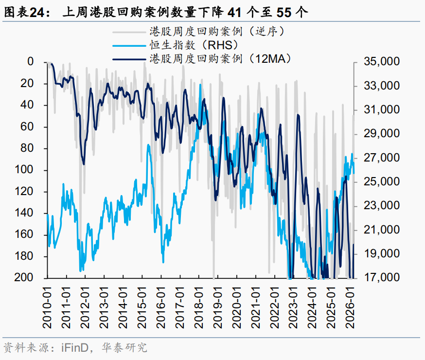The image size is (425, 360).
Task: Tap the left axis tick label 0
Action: tap(31, 62)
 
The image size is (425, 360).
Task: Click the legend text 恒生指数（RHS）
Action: tap(194, 46)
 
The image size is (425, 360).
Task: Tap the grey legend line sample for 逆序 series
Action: tap(129, 33)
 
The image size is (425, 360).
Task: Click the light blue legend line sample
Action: tap(129, 46)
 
